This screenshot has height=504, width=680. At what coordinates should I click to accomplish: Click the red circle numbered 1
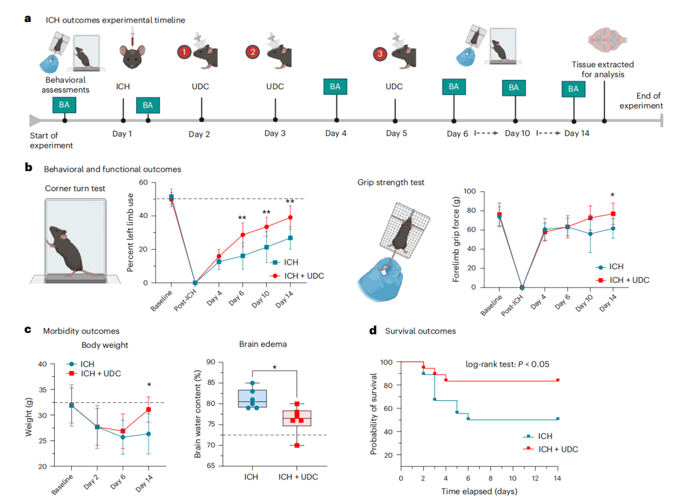tap(184, 52)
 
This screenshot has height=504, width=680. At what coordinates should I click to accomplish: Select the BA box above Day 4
tap(336, 87)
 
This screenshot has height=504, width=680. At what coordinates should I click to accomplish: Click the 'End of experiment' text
tap(641, 101)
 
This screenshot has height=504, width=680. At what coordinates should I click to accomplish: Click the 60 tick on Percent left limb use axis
tap(144, 182)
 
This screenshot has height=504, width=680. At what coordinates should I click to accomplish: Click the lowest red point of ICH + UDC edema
tap(296, 445)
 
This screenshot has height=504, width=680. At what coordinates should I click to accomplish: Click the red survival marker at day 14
tap(558, 380)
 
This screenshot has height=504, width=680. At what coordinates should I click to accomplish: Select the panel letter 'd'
tap(373, 330)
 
